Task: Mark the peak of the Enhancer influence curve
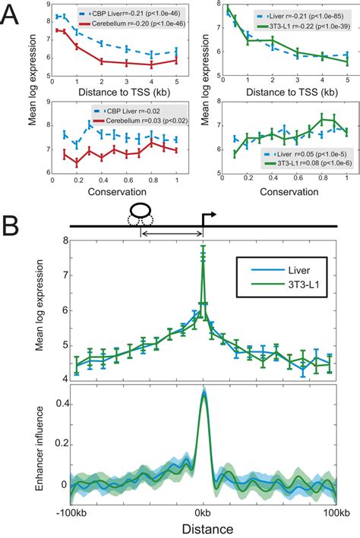203,392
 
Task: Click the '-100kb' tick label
71,512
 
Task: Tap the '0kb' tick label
203,512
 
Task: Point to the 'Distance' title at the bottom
202,528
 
